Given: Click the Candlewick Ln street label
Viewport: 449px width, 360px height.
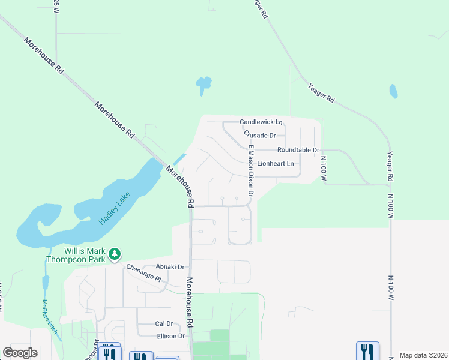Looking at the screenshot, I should (x=261, y=122).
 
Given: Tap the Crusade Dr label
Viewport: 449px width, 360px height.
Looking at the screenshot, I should (x=259, y=136).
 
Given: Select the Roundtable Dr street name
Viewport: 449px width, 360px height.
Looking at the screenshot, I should (x=298, y=149).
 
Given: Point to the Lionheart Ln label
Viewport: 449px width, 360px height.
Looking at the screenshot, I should (x=276, y=163).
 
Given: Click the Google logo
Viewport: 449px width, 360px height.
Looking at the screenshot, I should (x=20, y=353).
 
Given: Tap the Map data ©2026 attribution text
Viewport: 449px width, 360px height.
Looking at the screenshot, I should (x=423, y=355).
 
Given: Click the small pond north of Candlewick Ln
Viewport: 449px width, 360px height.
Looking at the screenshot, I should (x=203, y=85).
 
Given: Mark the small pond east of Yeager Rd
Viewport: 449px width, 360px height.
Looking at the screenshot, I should (x=393, y=91).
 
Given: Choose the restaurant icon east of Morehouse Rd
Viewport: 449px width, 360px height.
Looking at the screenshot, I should (x=367, y=350).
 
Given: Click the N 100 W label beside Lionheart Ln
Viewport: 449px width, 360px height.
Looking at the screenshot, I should (x=323, y=169).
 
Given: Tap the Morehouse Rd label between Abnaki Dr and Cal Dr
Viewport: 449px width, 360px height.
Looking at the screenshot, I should (x=190, y=302).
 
